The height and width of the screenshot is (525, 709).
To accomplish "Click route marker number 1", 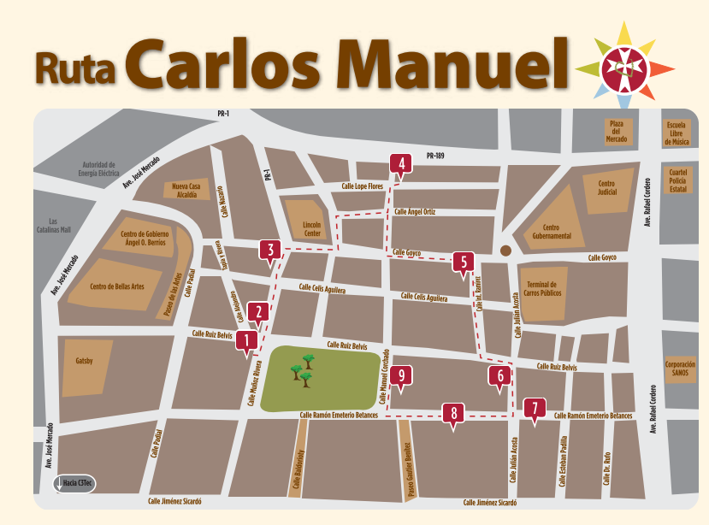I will point(247,341).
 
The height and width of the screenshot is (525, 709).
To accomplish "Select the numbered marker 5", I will point(464,262).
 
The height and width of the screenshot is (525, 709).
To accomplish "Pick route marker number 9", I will point(401,375).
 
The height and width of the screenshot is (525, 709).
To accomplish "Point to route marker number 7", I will point(535,407).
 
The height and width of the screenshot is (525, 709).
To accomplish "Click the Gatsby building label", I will point(84,361).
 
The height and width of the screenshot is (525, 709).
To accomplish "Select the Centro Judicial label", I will point(606,188).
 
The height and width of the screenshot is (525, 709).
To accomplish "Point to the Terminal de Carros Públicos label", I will point(541,289).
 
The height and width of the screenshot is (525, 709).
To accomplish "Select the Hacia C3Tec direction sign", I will point(75,484).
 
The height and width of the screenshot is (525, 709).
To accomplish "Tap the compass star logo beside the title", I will point(624,67).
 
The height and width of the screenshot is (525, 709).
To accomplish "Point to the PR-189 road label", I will point(435,156).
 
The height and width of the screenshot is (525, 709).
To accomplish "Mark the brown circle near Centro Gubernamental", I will point(505,251).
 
